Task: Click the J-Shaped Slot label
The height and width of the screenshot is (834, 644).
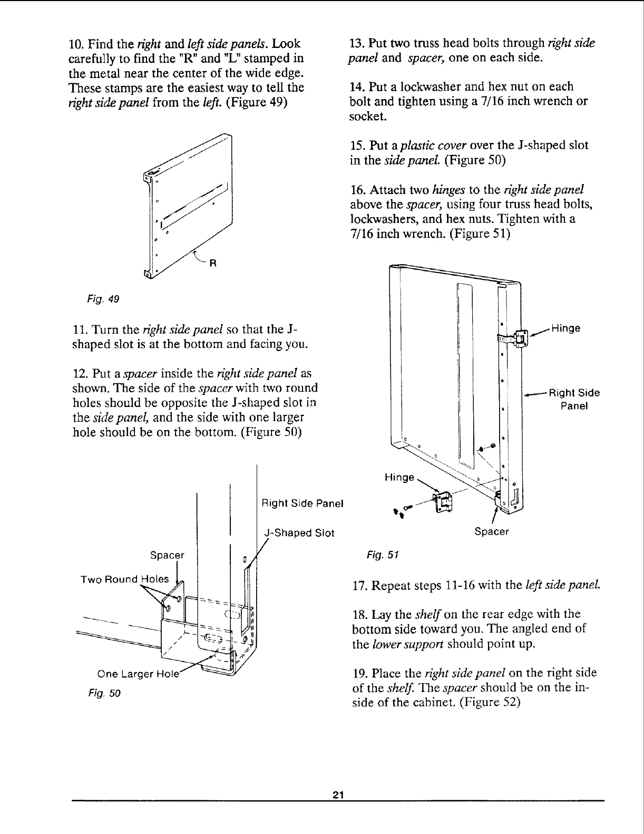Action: point(299,532)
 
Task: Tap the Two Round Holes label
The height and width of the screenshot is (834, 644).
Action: point(124,579)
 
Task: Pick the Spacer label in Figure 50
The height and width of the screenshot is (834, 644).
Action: point(168,555)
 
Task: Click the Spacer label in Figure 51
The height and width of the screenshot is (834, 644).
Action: point(492,531)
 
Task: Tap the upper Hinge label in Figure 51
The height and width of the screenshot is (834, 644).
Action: point(565,328)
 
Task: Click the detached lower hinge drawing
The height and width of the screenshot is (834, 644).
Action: point(442,501)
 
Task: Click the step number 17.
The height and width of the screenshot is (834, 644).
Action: point(358,585)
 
